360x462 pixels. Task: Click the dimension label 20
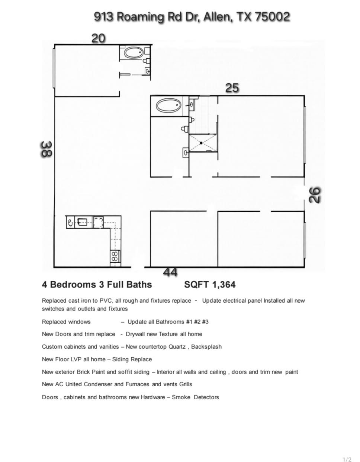coord(99,38)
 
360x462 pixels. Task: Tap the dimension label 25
coord(232,88)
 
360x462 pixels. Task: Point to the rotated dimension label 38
coord(46,150)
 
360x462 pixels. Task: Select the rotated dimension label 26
coord(315,195)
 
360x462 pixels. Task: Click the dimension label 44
coord(170,273)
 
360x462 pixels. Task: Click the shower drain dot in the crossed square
coord(201,143)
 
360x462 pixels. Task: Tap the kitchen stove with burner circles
coord(115,256)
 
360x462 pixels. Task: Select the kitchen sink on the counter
coord(82,222)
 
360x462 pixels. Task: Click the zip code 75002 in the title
coord(272,17)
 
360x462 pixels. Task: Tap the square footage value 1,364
coord(224,284)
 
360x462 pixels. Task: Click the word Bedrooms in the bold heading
coord(73,284)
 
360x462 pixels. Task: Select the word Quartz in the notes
coord(179,346)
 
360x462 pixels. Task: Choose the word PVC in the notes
coord(106,300)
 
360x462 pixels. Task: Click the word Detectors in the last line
coord(206,397)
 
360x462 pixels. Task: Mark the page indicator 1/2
coord(347,459)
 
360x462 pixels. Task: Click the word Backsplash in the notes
coord(206,346)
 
